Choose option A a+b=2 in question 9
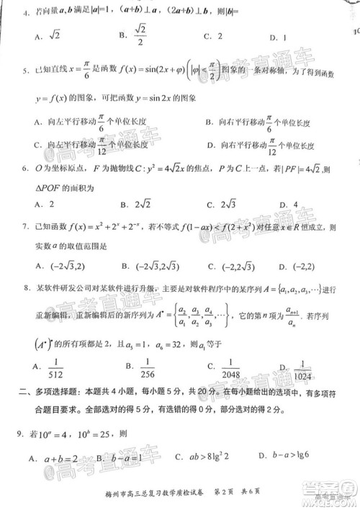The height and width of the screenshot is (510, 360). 55,458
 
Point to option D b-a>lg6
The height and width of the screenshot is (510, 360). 302,458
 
